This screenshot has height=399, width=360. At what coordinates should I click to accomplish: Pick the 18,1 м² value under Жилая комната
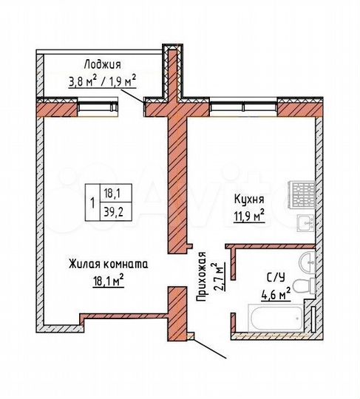click(x=108, y=279)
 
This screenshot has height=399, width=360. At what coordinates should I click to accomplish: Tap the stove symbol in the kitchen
click(x=302, y=195)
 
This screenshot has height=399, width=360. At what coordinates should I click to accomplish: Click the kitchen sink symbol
click(x=302, y=222)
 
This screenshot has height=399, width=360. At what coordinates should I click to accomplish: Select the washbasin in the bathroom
click(x=306, y=259)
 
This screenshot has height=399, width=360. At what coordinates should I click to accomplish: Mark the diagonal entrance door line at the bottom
click(x=209, y=349)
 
